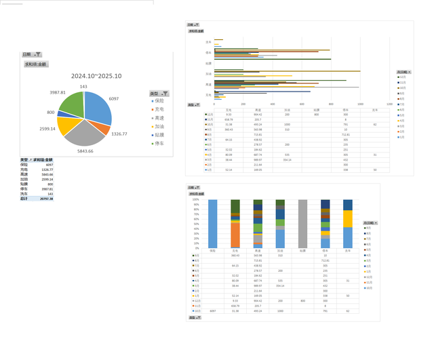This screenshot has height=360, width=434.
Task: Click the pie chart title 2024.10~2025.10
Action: click(96, 76)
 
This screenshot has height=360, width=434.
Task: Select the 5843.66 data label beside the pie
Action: click(85, 151)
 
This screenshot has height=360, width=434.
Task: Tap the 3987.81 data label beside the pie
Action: click(58, 92)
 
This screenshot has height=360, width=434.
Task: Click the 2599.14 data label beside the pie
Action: click(47, 128)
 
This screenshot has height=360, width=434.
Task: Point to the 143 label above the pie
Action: click(83, 86)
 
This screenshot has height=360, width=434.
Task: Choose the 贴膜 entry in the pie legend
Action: click(161, 134)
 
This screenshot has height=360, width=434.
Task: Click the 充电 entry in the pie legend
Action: click(161, 108)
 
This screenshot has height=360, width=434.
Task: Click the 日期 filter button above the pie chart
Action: click(32, 54)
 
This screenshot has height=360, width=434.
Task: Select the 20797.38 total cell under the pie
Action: click(46, 199)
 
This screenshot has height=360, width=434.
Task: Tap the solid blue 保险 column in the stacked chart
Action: click(212, 224)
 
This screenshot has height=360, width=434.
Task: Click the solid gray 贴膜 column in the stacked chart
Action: click(302, 224)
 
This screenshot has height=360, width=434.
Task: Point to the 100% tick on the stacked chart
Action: click(196, 200)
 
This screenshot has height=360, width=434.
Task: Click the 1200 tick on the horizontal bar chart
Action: click(389, 104)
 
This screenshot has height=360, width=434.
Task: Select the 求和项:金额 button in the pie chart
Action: click(36, 64)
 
